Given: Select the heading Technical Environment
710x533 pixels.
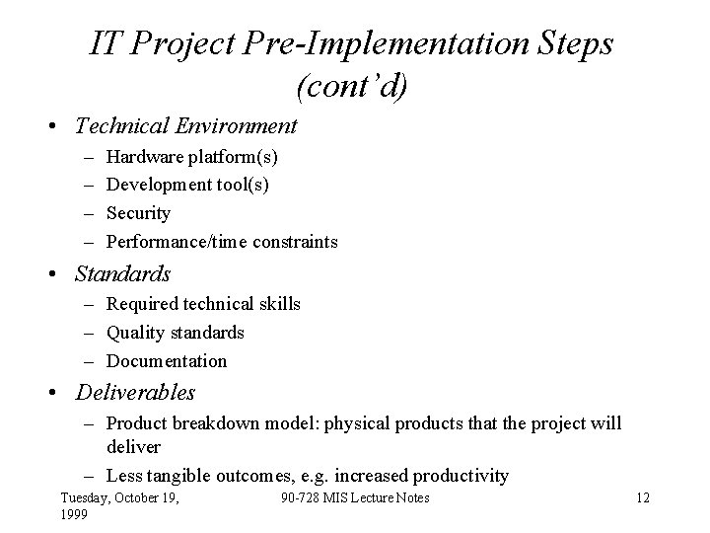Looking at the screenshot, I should pos(185,125).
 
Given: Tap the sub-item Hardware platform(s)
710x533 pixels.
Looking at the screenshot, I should pos(191,157).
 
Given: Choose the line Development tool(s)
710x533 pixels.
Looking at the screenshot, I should pos(187,185).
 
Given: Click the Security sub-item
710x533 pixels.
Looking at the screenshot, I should pos(138,213).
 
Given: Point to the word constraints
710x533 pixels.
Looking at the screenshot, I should pos(295,242).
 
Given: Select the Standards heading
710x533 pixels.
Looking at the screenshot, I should pos(122,273).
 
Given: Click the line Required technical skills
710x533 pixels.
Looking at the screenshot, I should pos(203,304).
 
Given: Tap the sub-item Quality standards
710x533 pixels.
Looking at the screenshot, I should pos(175,333).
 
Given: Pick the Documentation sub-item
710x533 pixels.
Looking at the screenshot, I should pos(166,361).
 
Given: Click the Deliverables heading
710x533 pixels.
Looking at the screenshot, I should pos(135,393).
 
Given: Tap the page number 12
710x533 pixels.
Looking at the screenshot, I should pos(643,498).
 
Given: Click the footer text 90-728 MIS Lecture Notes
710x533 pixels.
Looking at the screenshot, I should pos(355,498).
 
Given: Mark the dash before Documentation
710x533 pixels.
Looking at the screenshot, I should pos(90,361).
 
